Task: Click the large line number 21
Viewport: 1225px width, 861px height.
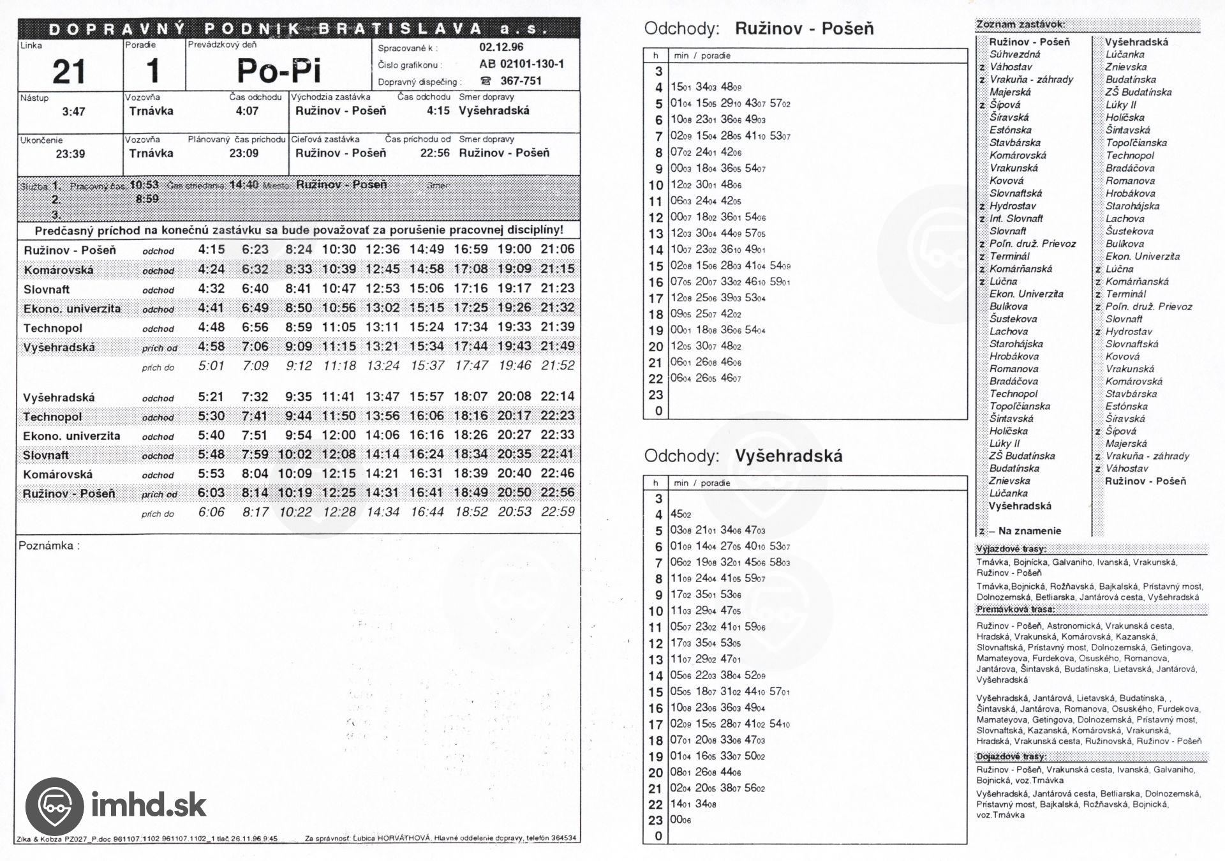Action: [x=69, y=71]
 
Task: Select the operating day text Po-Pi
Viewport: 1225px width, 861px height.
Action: [x=278, y=70]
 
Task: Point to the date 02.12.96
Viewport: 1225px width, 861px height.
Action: [x=501, y=47]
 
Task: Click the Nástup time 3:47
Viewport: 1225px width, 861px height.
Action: [x=73, y=112]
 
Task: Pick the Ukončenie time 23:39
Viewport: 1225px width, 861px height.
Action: [x=70, y=154]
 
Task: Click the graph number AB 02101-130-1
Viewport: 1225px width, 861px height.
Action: [x=521, y=64]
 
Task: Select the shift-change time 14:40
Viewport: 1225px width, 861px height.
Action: [x=244, y=184]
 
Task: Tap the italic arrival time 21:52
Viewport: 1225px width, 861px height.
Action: [x=557, y=366]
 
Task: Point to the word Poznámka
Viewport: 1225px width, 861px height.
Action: [x=48, y=546]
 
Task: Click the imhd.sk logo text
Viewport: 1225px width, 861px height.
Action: [x=149, y=805]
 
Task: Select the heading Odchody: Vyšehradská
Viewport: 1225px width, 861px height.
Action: [x=743, y=456]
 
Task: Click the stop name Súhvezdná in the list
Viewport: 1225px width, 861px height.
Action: [x=1014, y=54]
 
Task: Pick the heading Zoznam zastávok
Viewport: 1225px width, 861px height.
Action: [x=1011, y=24]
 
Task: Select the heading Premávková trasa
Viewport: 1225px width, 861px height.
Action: [x=1015, y=610]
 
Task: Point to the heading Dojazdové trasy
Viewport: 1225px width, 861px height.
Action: [x=1011, y=756]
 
